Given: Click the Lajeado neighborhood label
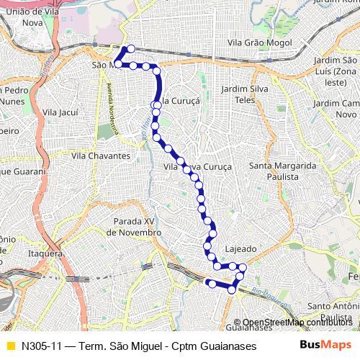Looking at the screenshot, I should tap(240, 248).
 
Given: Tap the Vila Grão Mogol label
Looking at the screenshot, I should tap(259, 43).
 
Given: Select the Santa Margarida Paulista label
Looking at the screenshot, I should tap(283, 171).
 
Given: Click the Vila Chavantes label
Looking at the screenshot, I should tap(101, 156).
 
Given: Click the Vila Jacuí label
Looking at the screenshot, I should tap(60, 113).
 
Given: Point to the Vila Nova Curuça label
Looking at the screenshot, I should tap(198, 166).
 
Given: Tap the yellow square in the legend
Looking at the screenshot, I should tap(10, 346).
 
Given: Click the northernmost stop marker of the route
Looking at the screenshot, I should tap(130, 49).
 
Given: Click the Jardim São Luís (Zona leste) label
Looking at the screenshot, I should tap(336, 66).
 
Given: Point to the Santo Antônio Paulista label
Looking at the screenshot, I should tap(333, 312).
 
